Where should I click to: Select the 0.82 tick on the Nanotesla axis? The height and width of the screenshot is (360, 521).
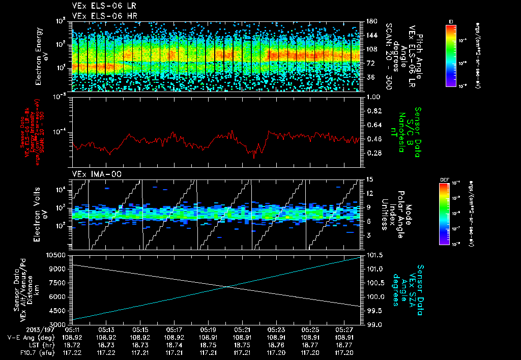pos(374,111)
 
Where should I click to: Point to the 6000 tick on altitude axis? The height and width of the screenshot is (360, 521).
pos(59,296)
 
